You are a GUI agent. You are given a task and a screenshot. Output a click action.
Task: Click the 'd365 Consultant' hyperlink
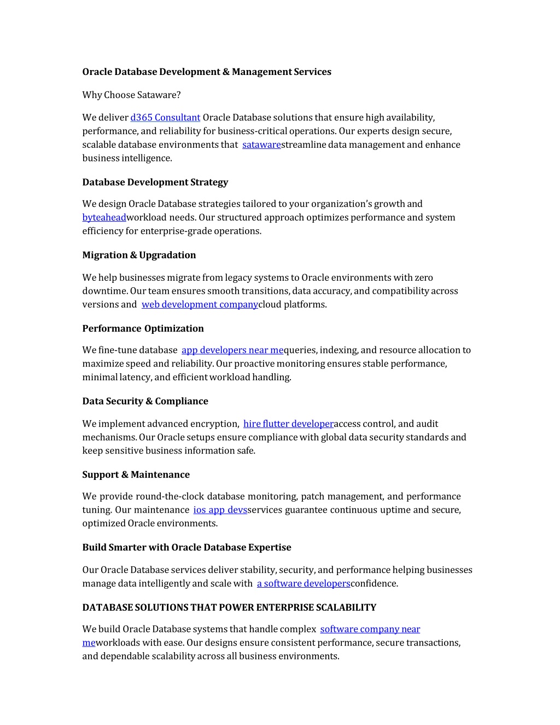pos(165,118)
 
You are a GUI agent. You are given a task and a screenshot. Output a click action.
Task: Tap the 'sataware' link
pos(261,145)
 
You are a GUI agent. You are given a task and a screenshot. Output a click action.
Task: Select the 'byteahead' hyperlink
pos(104,218)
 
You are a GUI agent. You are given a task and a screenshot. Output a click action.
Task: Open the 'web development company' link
pos(200,305)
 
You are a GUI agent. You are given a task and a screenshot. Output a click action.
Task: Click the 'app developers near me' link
pos(232,350)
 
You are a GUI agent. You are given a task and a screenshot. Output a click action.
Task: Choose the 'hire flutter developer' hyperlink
pos(288,424)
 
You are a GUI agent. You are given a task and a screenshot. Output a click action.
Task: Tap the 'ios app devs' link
pos(220,510)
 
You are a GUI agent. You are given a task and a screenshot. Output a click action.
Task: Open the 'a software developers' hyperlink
pos(304,584)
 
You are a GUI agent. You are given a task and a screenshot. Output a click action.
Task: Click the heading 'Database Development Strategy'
pos(155,182)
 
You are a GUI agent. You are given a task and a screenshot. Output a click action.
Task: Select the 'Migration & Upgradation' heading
pos(139,255)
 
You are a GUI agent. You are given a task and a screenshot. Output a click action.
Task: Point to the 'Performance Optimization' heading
pos(143,328)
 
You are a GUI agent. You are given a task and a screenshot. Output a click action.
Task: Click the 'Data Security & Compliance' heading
pos(145,401)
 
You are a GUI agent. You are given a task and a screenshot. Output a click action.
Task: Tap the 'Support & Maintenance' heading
pos(136,474)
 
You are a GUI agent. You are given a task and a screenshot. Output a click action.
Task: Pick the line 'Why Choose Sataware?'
pos(131,95)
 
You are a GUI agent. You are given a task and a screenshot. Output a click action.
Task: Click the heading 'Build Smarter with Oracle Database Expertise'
pos(186,547)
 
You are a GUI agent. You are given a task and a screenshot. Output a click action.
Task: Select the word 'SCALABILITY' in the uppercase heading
pos(345,607)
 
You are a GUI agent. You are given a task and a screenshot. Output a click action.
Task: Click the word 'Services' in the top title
pos(312,72)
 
